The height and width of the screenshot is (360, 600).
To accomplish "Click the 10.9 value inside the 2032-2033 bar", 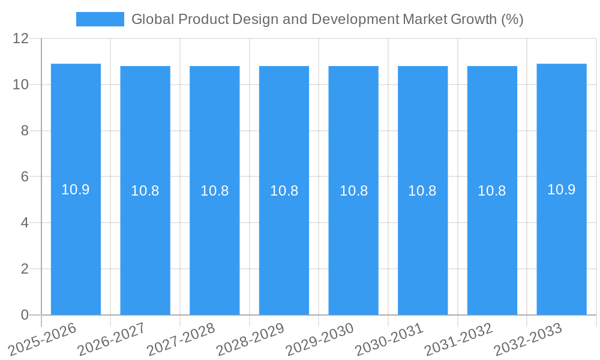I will [562, 190].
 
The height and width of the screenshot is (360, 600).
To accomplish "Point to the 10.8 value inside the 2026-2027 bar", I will [145, 191].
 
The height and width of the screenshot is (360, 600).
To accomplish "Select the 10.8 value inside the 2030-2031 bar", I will [422, 191].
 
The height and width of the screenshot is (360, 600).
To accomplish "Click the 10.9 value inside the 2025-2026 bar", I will [76, 190].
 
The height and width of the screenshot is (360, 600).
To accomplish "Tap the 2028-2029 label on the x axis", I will [250, 339].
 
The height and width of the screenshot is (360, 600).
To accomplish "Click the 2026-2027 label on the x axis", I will [112, 339].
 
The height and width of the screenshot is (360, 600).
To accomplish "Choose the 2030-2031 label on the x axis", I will [389, 339].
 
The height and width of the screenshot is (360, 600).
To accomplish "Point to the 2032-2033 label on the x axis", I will [528, 339].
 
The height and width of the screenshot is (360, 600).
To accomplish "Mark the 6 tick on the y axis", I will [25, 177].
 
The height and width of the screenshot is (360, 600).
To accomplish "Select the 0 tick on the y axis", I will [25, 315].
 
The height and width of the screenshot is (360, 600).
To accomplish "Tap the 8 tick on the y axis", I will [25, 131].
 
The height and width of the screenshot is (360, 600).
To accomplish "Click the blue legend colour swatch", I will [100, 19].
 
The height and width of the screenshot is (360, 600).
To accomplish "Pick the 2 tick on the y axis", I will [25, 269].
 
